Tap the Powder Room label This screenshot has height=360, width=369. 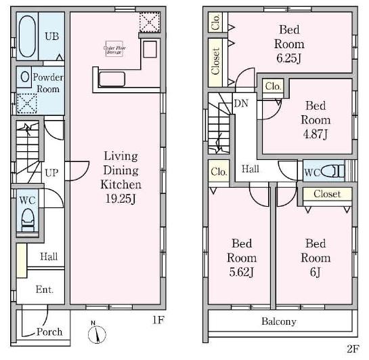[x=46, y=83]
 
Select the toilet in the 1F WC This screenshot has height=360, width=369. [x=28, y=218]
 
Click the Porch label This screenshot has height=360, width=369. [x=49, y=332]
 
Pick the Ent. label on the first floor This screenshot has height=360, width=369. [x=45, y=290]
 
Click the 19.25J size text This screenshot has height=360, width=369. [x=121, y=199]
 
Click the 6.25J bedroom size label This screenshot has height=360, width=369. [x=289, y=58]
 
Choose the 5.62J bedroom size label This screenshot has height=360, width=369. [x=242, y=273]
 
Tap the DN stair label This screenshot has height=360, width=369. [x=241, y=104]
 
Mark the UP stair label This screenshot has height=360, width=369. [x=51, y=173]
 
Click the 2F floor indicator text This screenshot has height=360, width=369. [x=352, y=349]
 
